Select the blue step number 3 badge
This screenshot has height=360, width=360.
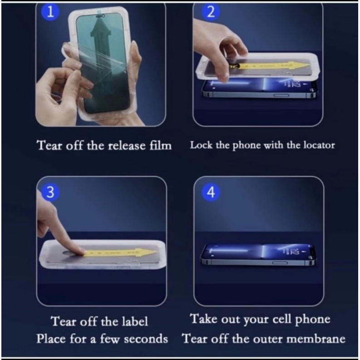pos(51,192)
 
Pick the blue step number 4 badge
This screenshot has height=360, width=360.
pos(210,192)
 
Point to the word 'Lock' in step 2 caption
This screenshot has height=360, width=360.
pos(199,145)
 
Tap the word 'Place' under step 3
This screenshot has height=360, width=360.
pos(51,339)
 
